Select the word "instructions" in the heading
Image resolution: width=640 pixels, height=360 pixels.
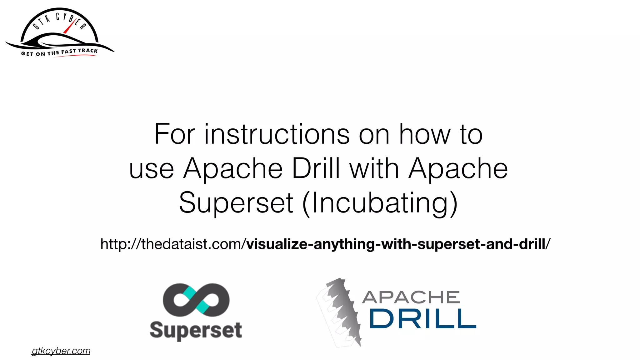pyautogui.click(x=277, y=134)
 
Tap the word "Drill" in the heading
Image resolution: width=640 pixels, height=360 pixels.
pyautogui.click(x=316, y=168)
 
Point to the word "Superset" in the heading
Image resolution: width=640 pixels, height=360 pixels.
pyautogui.click(x=236, y=203)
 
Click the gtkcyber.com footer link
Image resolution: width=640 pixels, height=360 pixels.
pyautogui.click(x=61, y=351)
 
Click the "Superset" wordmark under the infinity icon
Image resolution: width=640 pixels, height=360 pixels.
pyautogui.click(x=196, y=331)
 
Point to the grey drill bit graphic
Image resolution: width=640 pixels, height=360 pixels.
pyautogui.click(x=341, y=312)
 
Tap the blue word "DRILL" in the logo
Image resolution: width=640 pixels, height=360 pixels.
pyautogui.click(x=423, y=319)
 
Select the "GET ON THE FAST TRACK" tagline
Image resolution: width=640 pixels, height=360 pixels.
pyautogui.click(x=59, y=52)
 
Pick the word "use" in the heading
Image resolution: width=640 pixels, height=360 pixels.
pyautogui.click(x=152, y=169)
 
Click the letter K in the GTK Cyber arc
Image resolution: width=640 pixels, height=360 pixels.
pyautogui.click(x=47, y=19)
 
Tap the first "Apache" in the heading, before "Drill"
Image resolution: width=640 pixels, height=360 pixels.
pyautogui.click(x=233, y=169)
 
